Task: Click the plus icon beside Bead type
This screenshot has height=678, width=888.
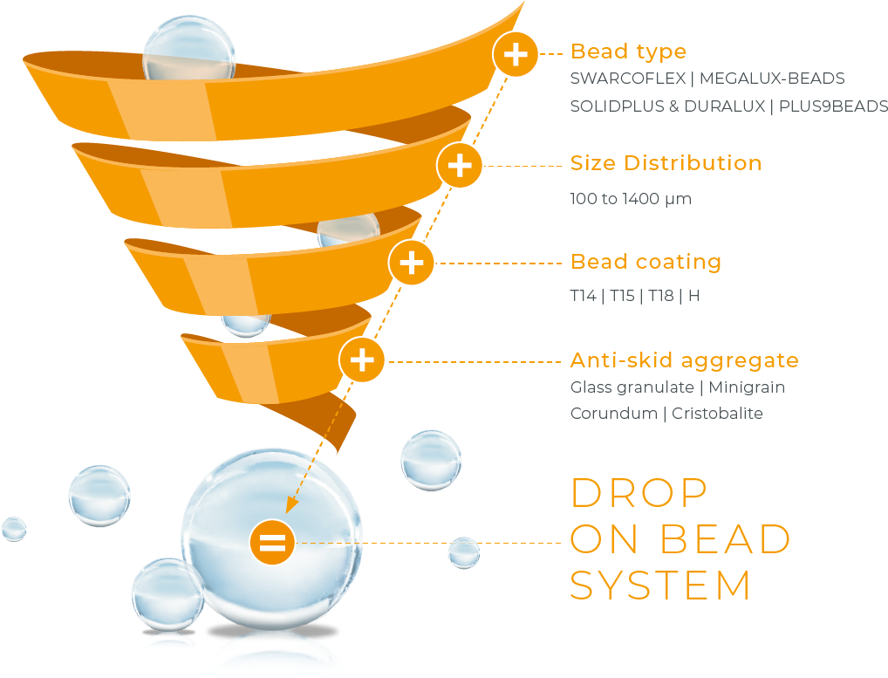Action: pos(516,54)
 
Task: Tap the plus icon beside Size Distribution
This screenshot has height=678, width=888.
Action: pos(460,165)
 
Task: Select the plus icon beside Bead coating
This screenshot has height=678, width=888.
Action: pos(412,263)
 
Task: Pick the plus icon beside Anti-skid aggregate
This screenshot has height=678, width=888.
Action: pos(362,360)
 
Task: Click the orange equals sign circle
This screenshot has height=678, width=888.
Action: pos(271,542)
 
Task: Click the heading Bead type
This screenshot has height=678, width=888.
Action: pos(628,51)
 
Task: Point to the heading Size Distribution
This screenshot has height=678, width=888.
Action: pos(666,163)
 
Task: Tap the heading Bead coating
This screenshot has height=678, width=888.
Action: pos(646,262)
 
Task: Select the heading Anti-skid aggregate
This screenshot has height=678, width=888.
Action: pos(684,360)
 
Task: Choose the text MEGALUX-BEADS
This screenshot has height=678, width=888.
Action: pos(772,79)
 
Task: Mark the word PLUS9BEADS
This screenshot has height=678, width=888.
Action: pos(838,106)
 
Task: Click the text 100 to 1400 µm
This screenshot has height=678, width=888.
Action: pos(630,199)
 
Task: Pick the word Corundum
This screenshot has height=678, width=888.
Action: pos(612,414)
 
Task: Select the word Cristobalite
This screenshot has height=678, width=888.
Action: pos(717,414)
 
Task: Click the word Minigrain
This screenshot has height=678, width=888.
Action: pos(747,387)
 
